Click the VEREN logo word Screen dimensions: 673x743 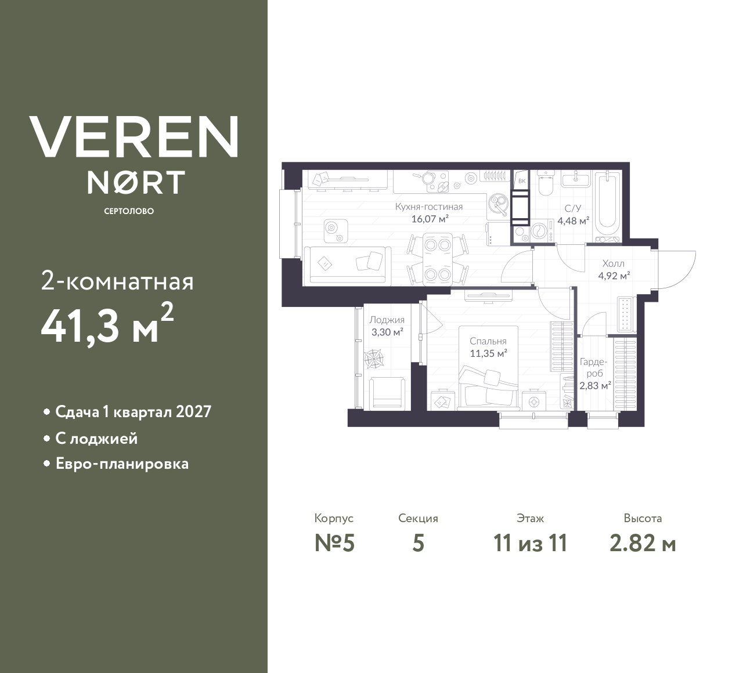pyautogui.click(x=134, y=136)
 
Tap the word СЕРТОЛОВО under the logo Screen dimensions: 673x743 pyautogui.click(x=129, y=211)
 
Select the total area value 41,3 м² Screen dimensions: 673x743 pyautogui.click(x=107, y=325)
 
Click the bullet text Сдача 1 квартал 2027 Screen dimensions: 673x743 pyautogui.click(x=133, y=412)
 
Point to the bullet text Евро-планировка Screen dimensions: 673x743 pyautogui.click(x=122, y=464)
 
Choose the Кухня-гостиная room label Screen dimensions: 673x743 pyautogui.click(x=429, y=207)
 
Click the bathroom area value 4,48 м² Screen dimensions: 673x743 pyautogui.click(x=573, y=220)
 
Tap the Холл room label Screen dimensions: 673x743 pyautogui.click(x=614, y=263)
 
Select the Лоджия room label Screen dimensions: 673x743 pyautogui.click(x=387, y=320)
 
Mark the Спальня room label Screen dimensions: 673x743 pyautogui.click(x=488, y=341)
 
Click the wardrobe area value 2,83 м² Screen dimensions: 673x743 pyautogui.click(x=594, y=385)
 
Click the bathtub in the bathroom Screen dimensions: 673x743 pyautogui.click(x=608, y=206)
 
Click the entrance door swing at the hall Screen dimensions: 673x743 pyautogui.click(x=678, y=268)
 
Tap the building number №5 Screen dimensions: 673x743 pyautogui.click(x=334, y=543)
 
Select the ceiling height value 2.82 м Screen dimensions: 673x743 pyautogui.click(x=643, y=543)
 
